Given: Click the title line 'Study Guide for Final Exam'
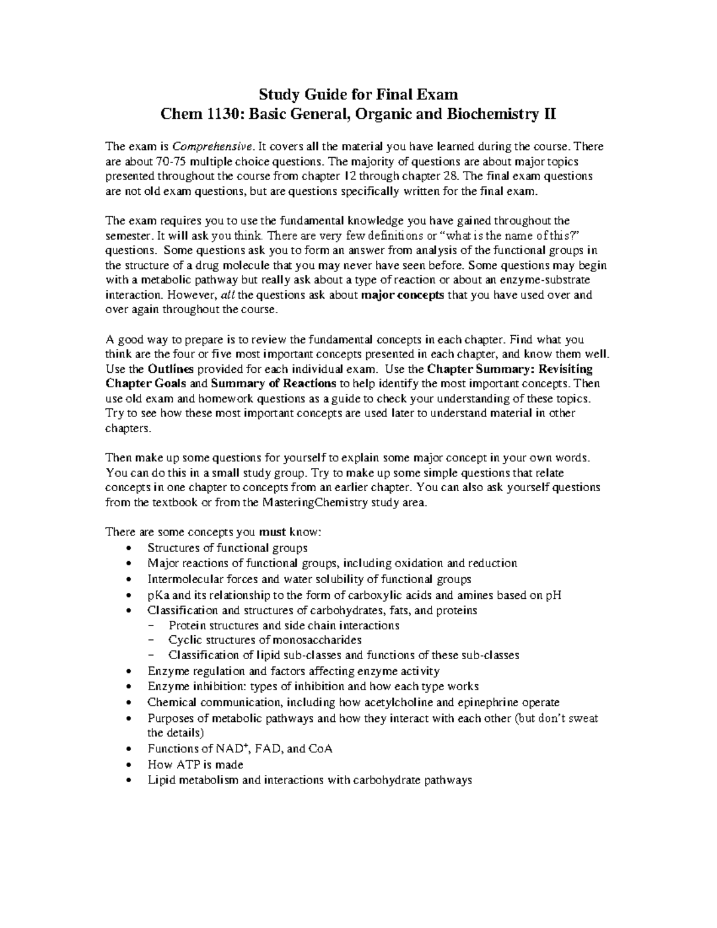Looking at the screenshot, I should point(358,94).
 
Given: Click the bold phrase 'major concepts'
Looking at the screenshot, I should point(403,295).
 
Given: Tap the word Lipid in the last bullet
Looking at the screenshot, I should point(161,780).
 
